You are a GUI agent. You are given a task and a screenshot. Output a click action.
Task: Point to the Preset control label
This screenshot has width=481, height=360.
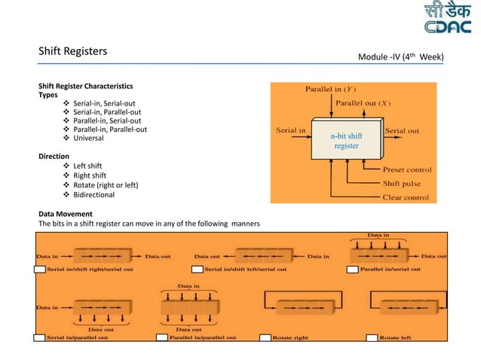[407, 169]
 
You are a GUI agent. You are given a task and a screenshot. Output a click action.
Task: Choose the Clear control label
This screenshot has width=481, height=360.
[406, 197]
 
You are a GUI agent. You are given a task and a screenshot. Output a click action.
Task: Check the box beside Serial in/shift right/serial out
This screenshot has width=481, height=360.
[40, 269]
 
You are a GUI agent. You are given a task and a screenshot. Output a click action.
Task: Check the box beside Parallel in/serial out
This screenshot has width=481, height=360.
[352, 269]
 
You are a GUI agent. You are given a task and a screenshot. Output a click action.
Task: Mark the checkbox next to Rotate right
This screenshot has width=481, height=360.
[265, 337]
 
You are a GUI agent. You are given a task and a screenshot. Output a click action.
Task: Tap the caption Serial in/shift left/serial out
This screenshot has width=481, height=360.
[246, 269]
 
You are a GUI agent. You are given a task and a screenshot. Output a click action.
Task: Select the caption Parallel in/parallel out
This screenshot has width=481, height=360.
[203, 337]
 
